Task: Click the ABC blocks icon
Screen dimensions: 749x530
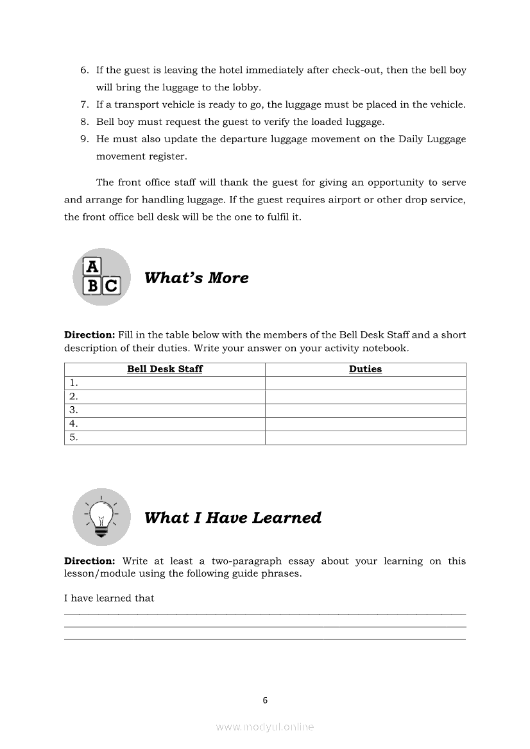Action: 101,277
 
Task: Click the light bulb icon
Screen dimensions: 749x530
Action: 101,517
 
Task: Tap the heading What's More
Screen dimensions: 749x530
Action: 196,277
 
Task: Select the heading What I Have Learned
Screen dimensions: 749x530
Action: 233,518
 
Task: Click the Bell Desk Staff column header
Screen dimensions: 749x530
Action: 165,369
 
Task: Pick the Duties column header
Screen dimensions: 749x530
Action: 365,369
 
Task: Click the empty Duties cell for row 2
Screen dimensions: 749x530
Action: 365,397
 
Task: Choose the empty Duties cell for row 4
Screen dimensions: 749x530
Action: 365,424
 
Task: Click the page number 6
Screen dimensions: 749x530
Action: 265,700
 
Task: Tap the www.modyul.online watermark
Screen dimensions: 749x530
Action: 265,727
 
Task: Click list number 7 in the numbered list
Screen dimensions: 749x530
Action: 84,104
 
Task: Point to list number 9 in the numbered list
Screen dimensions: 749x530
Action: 84,139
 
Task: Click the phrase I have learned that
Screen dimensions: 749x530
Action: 109,598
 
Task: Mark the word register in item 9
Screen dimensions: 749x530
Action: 167,156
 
